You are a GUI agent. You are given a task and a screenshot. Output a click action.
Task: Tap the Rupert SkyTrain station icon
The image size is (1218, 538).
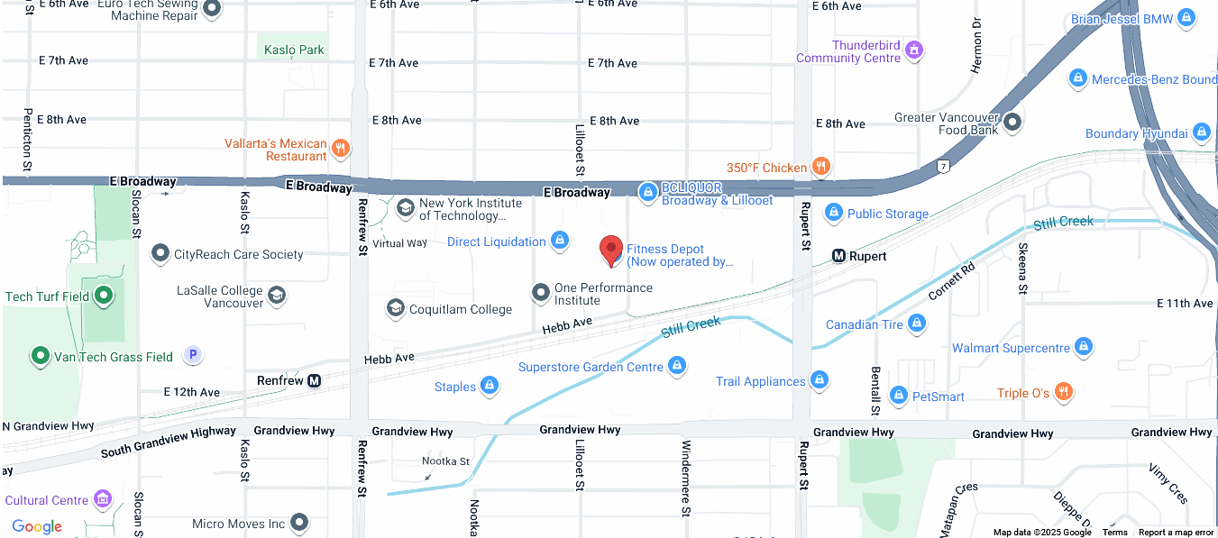click(x=838, y=256)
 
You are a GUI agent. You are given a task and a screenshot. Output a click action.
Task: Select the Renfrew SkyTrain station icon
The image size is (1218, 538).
click(x=314, y=380)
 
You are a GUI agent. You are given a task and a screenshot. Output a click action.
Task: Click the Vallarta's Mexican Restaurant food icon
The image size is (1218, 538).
click(x=340, y=148)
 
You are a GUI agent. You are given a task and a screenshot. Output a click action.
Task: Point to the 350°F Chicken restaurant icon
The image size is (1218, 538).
click(x=820, y=166)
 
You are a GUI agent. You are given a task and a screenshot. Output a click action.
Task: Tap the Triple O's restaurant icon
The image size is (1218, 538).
click(x=1064, y=392)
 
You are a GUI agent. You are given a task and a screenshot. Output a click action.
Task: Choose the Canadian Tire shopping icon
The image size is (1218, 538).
click(x=917, y=323)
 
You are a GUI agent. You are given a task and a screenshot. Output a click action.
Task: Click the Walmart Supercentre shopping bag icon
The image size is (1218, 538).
click(x=1084, y=347)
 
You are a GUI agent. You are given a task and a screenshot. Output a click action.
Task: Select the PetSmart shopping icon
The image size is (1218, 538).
click(x=898, y=396)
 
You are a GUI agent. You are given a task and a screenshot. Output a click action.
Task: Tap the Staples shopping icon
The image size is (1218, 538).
click(x=490, y=386)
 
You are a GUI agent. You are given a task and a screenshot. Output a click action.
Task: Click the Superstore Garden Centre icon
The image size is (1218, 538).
click(x=677, y=366)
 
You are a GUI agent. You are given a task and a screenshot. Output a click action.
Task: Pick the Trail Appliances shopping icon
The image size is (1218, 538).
click(x=820, y=380)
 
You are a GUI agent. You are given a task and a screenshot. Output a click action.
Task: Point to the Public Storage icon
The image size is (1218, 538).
click(x=833, y=213)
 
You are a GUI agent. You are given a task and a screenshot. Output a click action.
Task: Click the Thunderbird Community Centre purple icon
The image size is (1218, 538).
click(x=914, y=50)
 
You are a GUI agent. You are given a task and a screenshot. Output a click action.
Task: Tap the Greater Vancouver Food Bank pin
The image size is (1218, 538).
click(x=1012, y=121)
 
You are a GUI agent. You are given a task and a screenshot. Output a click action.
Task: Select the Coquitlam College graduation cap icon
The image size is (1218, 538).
click(x=395, y=309)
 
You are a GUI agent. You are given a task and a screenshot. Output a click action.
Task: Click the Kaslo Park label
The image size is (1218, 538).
click(x=294, y=50)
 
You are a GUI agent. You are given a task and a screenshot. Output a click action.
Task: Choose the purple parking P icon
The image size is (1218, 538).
click(x=192, y=355)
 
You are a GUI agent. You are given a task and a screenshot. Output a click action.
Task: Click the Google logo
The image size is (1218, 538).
click(x=37, y=526)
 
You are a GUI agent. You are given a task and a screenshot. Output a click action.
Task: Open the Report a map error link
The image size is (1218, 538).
click(x=1176, y=533)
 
